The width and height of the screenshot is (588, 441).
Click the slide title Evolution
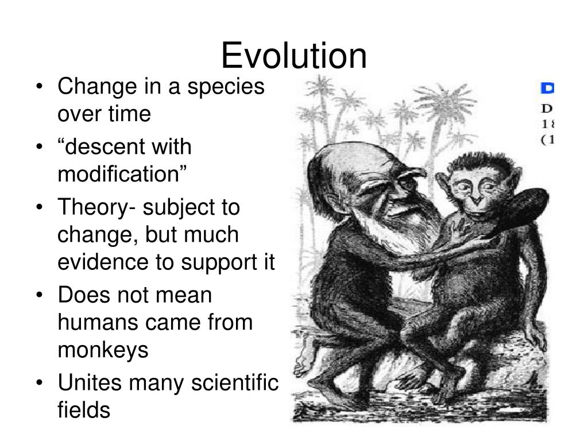[x=293, y=56]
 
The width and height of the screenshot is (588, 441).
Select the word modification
[x=122, y=174]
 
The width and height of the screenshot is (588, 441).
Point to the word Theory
[x=92, y=207]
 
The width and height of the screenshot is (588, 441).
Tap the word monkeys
[x=103, y=350]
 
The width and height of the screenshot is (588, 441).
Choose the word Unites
[x=87, y=382]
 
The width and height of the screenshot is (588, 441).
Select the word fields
[x=83, y=410]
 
